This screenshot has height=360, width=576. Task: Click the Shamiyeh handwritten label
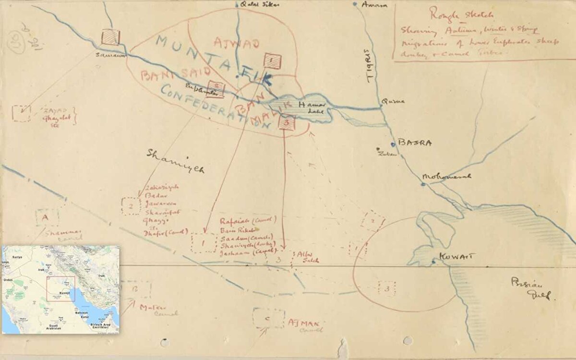tap(175, 160)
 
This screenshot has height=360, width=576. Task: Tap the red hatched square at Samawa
tap(110, 37)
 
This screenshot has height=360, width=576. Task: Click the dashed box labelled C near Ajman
tap(268, 318)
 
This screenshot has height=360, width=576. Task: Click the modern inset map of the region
tap(60, 289)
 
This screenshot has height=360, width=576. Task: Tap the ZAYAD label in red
tap(54, 110)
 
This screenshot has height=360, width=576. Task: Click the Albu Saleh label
tap(308, 257)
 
